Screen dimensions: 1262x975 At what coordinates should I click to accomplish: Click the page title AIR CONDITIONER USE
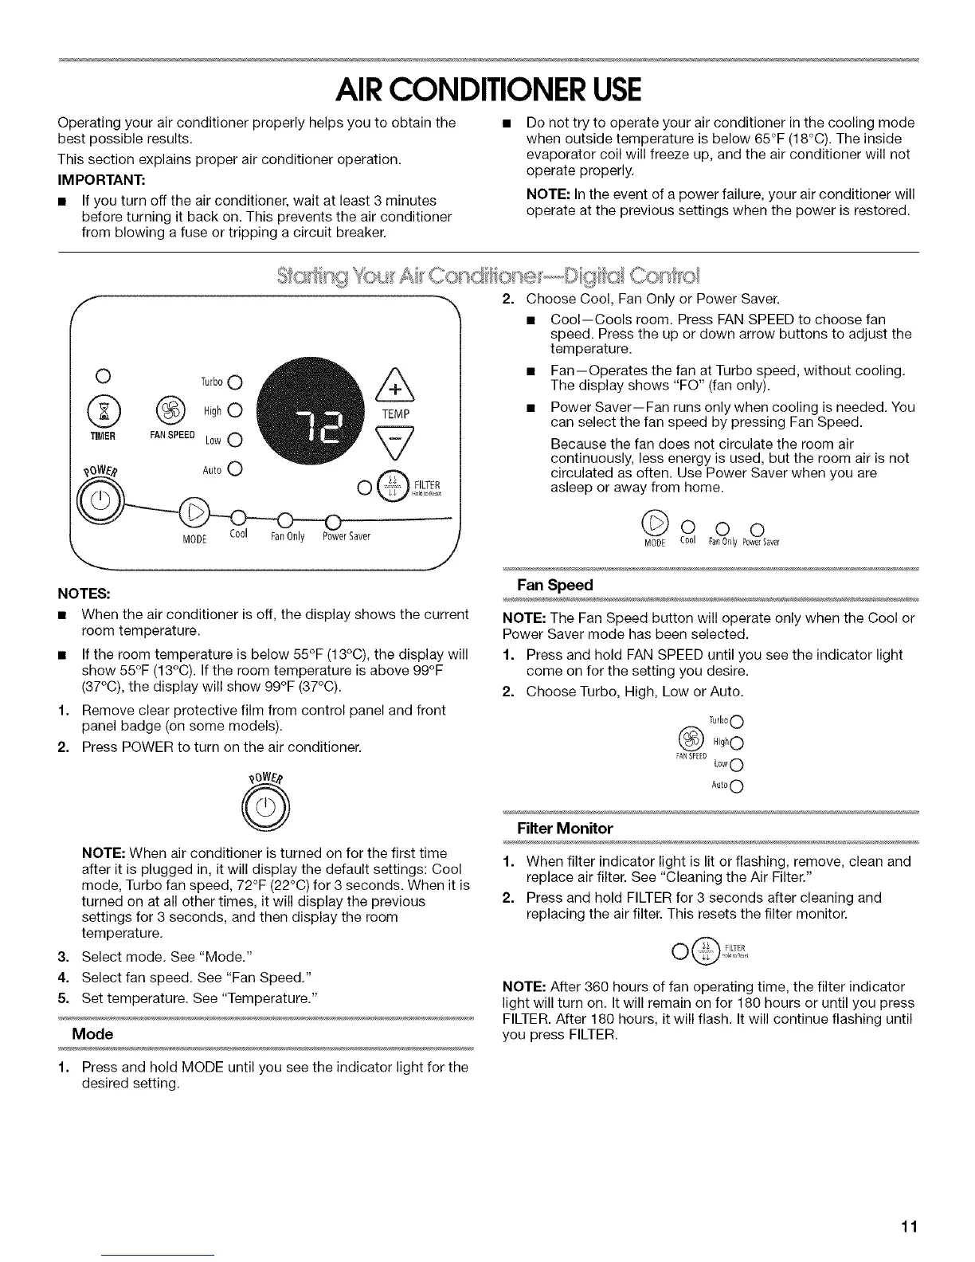tap(487, 89)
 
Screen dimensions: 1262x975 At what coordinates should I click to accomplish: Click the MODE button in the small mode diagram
tap(658, 523)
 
